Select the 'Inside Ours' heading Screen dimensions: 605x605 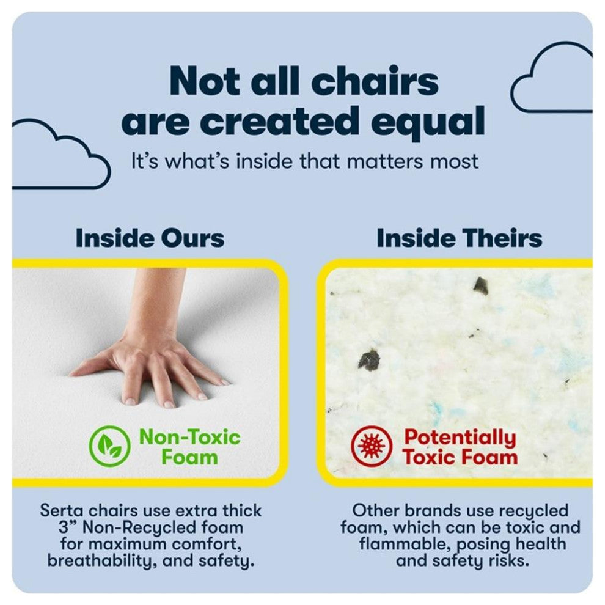click(150, 238)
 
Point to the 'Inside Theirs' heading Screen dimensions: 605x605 click(459, 238)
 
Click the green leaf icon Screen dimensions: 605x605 click(109, 446)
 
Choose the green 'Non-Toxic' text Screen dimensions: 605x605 click(189, 437)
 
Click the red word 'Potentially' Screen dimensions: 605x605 click(460, 438)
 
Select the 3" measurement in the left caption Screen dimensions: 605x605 click(67, 527)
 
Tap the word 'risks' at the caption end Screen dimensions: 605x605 click(509, 560)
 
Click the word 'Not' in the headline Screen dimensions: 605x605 click(207, 81)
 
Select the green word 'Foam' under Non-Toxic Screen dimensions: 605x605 click(189, 458)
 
